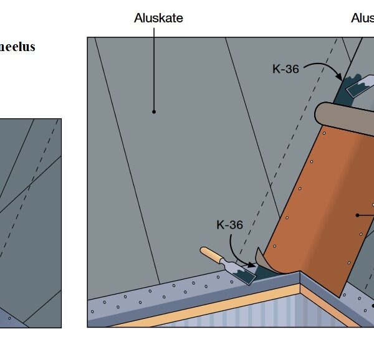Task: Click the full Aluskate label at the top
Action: (158, 18)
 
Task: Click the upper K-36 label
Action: (285, 69)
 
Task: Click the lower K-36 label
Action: (229, 224)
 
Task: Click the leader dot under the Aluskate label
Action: (153, 112)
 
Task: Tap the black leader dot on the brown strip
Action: (358, 216)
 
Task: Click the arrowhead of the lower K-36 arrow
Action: (253, 266)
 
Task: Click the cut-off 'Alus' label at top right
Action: (362, 18)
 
